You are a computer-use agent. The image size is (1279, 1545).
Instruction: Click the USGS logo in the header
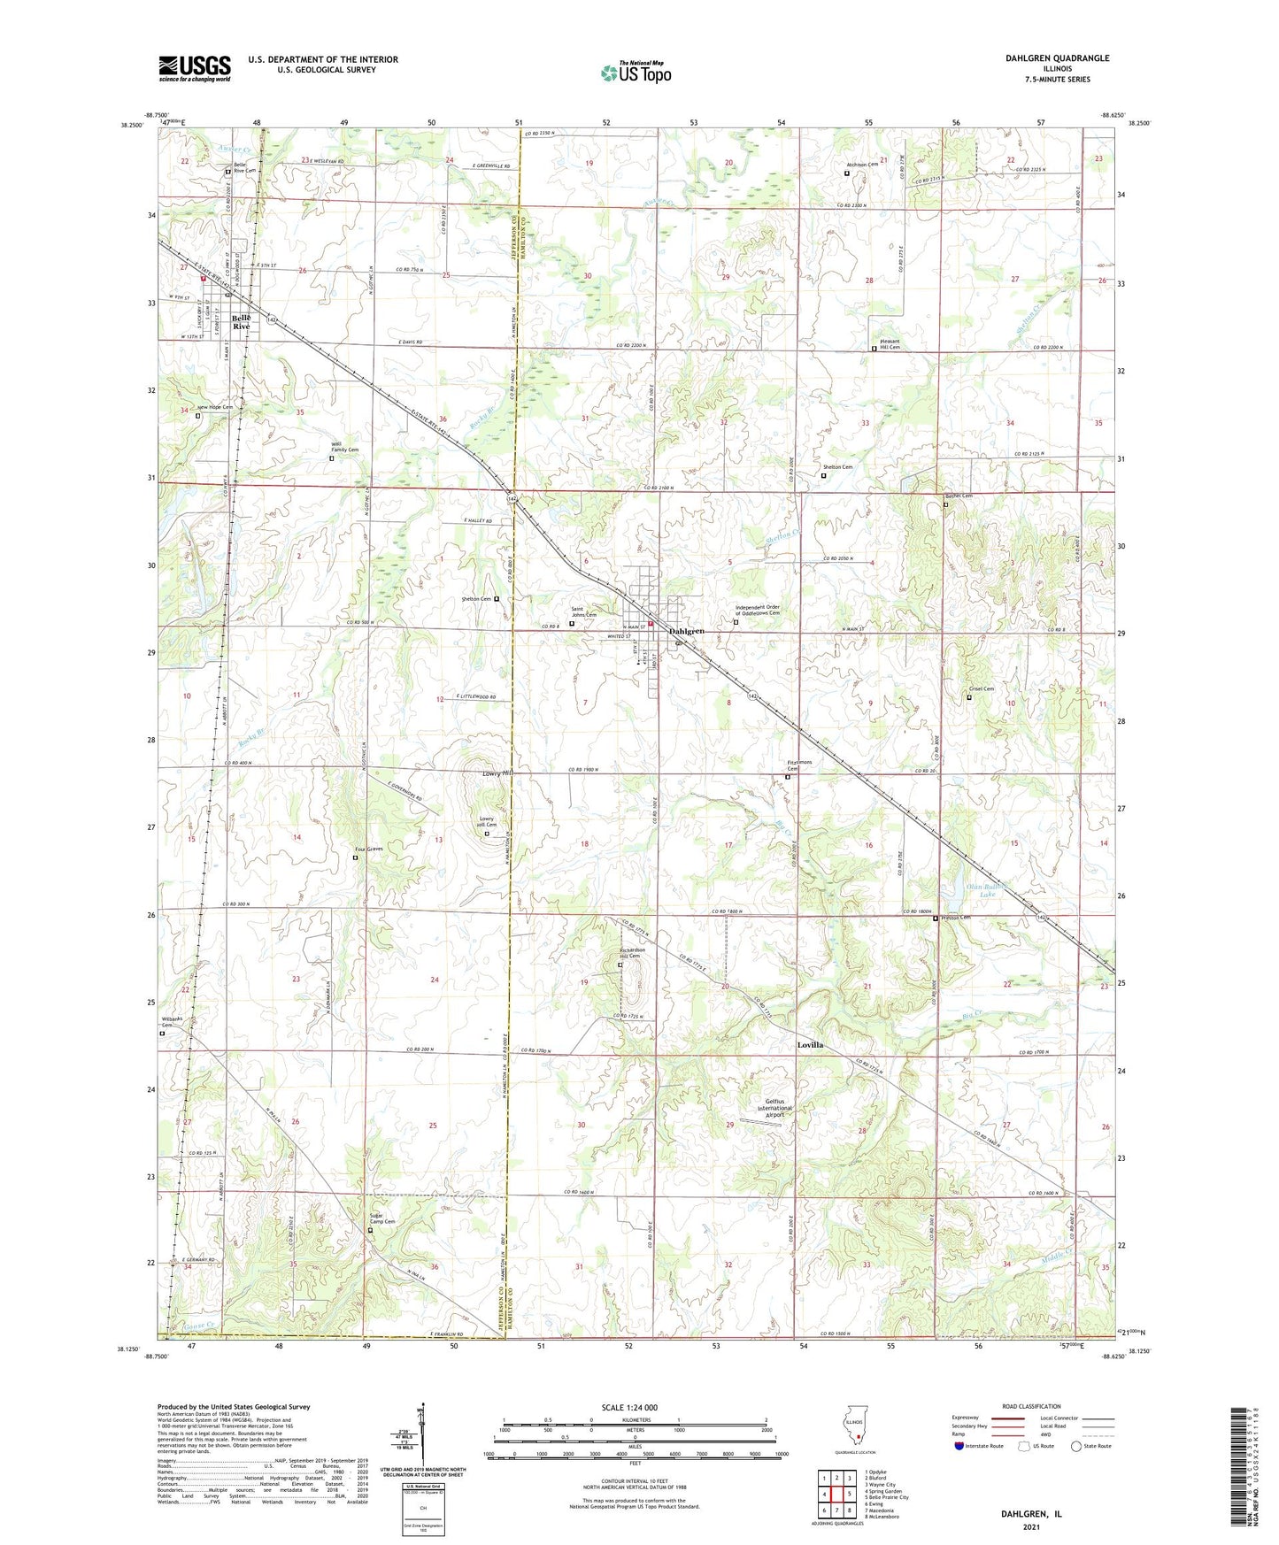[195, 68]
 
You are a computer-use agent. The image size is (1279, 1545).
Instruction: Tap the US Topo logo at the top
[635, 73]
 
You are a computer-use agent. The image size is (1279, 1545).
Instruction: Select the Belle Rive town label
[241, 322]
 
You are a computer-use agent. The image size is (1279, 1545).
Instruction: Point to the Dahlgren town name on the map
[687, 631]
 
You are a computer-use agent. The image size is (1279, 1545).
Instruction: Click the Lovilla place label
[810, 1045]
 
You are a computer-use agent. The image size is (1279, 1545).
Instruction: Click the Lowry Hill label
[497, 773]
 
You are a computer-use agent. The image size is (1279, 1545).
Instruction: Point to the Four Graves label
[369, 849]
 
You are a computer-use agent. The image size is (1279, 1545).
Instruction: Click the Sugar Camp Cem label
[381, 1218]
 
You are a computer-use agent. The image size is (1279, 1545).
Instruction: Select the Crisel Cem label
[982, 689]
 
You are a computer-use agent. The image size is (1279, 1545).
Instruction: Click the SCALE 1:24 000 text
[629, 1407]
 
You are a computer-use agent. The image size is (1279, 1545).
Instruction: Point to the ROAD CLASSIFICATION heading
[1032, 1406]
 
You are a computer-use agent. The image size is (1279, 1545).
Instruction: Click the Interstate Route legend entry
[980, 1446]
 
